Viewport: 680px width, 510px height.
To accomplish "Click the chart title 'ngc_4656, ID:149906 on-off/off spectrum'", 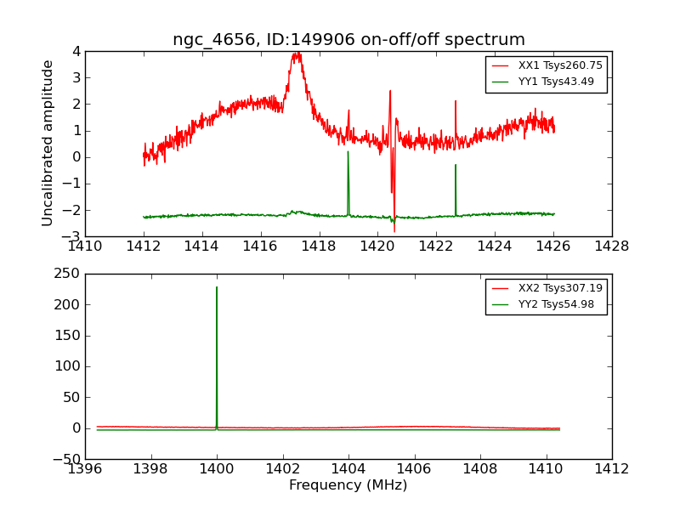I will [x=348, y=40].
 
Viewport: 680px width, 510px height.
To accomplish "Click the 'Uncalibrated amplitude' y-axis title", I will [x=48, y=143].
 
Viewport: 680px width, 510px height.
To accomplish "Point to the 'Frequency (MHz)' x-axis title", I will [x=348, y=485].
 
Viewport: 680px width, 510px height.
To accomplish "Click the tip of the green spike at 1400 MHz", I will [x=217, y=287].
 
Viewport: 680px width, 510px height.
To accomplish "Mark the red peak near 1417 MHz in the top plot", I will [x=297, y=54].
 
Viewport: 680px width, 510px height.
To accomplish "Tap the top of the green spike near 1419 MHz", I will [x=348, y=151].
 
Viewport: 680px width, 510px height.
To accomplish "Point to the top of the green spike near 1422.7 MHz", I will [x=456, y=165].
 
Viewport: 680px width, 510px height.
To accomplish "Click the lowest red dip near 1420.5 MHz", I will [x=394, y=231].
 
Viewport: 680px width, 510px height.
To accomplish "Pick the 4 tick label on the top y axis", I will [x=76, y=51].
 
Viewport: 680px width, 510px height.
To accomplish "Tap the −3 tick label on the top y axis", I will [x=72, y=236].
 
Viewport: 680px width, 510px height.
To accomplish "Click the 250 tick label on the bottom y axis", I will [x=68, y=274].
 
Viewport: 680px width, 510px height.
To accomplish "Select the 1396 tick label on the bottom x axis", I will [x=85, y=469].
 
